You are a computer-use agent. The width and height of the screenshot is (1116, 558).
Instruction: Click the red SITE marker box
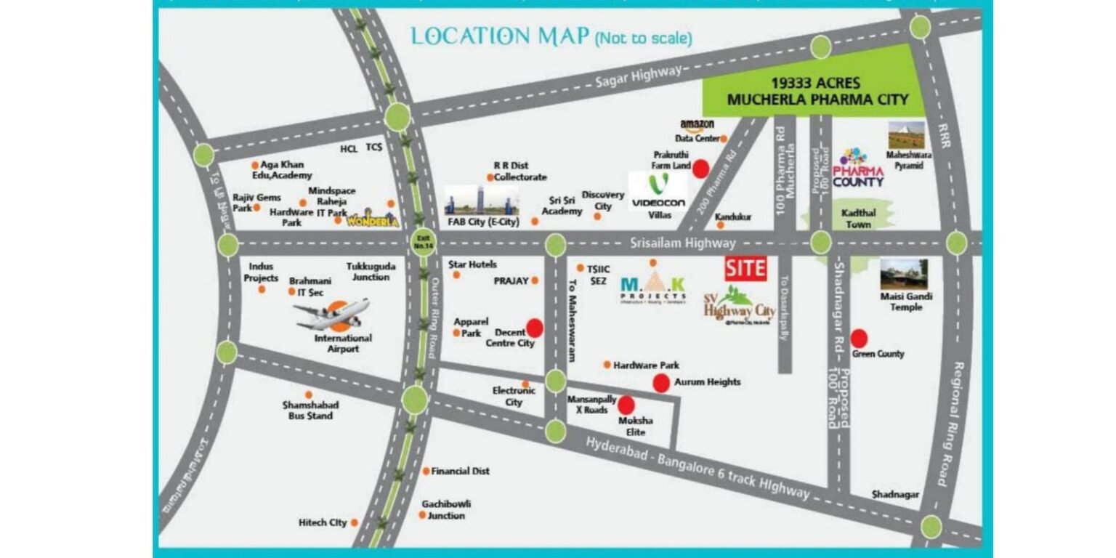click(x=745, y=268)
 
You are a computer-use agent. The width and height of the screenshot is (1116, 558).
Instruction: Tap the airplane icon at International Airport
click(x=332, y=314)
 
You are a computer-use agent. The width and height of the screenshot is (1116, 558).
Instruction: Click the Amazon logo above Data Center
click(x=697, y=124)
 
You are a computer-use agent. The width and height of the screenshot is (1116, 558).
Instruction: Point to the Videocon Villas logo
click(x=658, y=190)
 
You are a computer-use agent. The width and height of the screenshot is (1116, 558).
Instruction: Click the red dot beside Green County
click(x=859, y=338)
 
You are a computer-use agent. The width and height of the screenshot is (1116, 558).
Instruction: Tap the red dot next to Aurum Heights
click(x=661, y=383)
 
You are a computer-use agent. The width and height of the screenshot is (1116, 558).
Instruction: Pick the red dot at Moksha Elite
click(x=626, y=404)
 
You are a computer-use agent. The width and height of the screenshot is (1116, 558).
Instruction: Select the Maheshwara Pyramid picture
click(x=906, y=135)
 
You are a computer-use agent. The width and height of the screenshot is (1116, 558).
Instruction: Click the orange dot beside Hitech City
click(x=355, y=522)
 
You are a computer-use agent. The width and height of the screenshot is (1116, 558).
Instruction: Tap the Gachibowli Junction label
click(x=445, y=509)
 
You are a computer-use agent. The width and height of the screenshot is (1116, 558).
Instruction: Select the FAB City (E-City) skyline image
click(x=482, y=200)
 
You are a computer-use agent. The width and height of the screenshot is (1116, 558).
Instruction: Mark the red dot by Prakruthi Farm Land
click(x=700, y=169)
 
